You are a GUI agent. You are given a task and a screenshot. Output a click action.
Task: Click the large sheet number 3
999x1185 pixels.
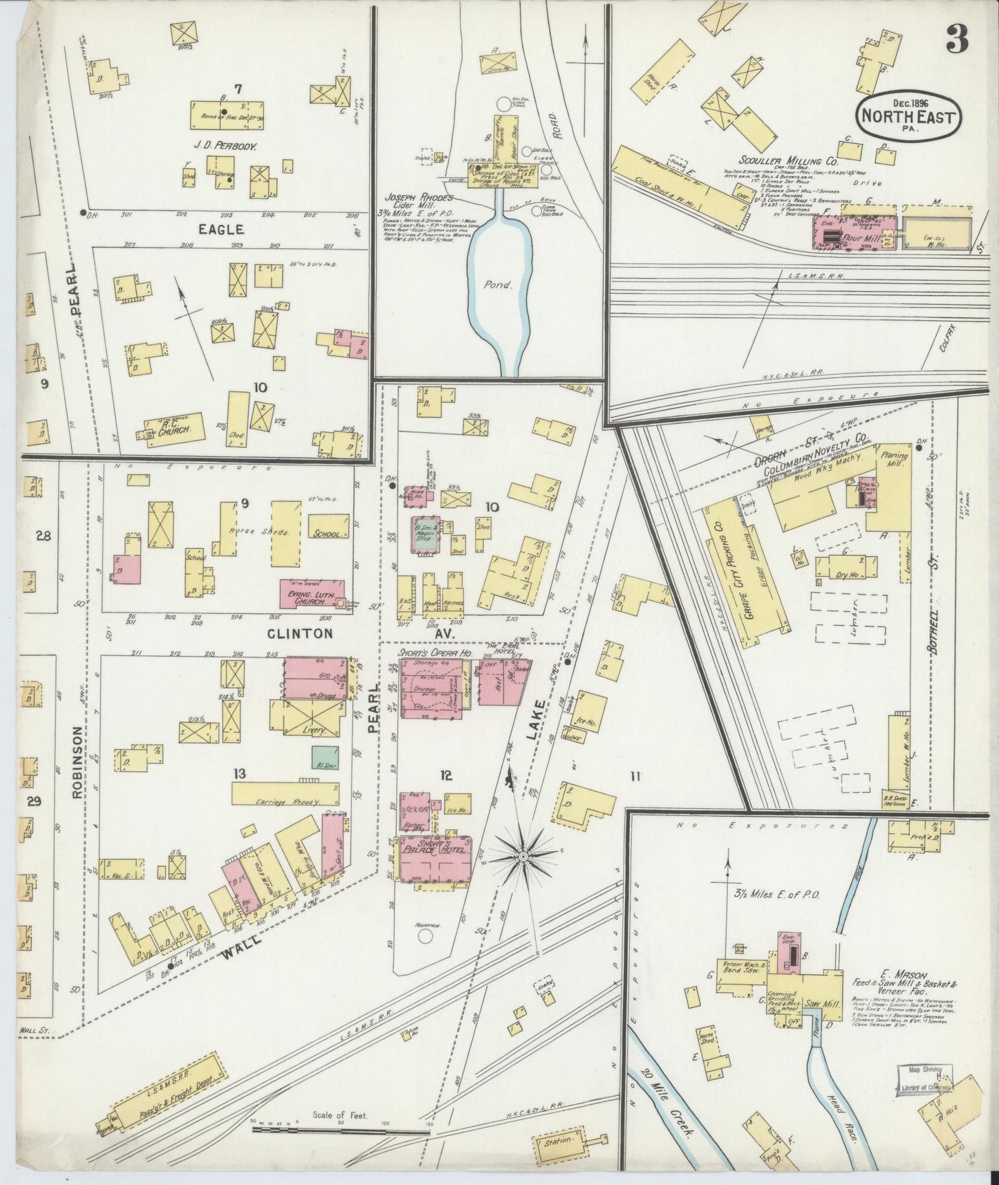[x=957, y=40]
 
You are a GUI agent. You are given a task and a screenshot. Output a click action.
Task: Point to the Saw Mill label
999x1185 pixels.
[x=822, y=1011]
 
